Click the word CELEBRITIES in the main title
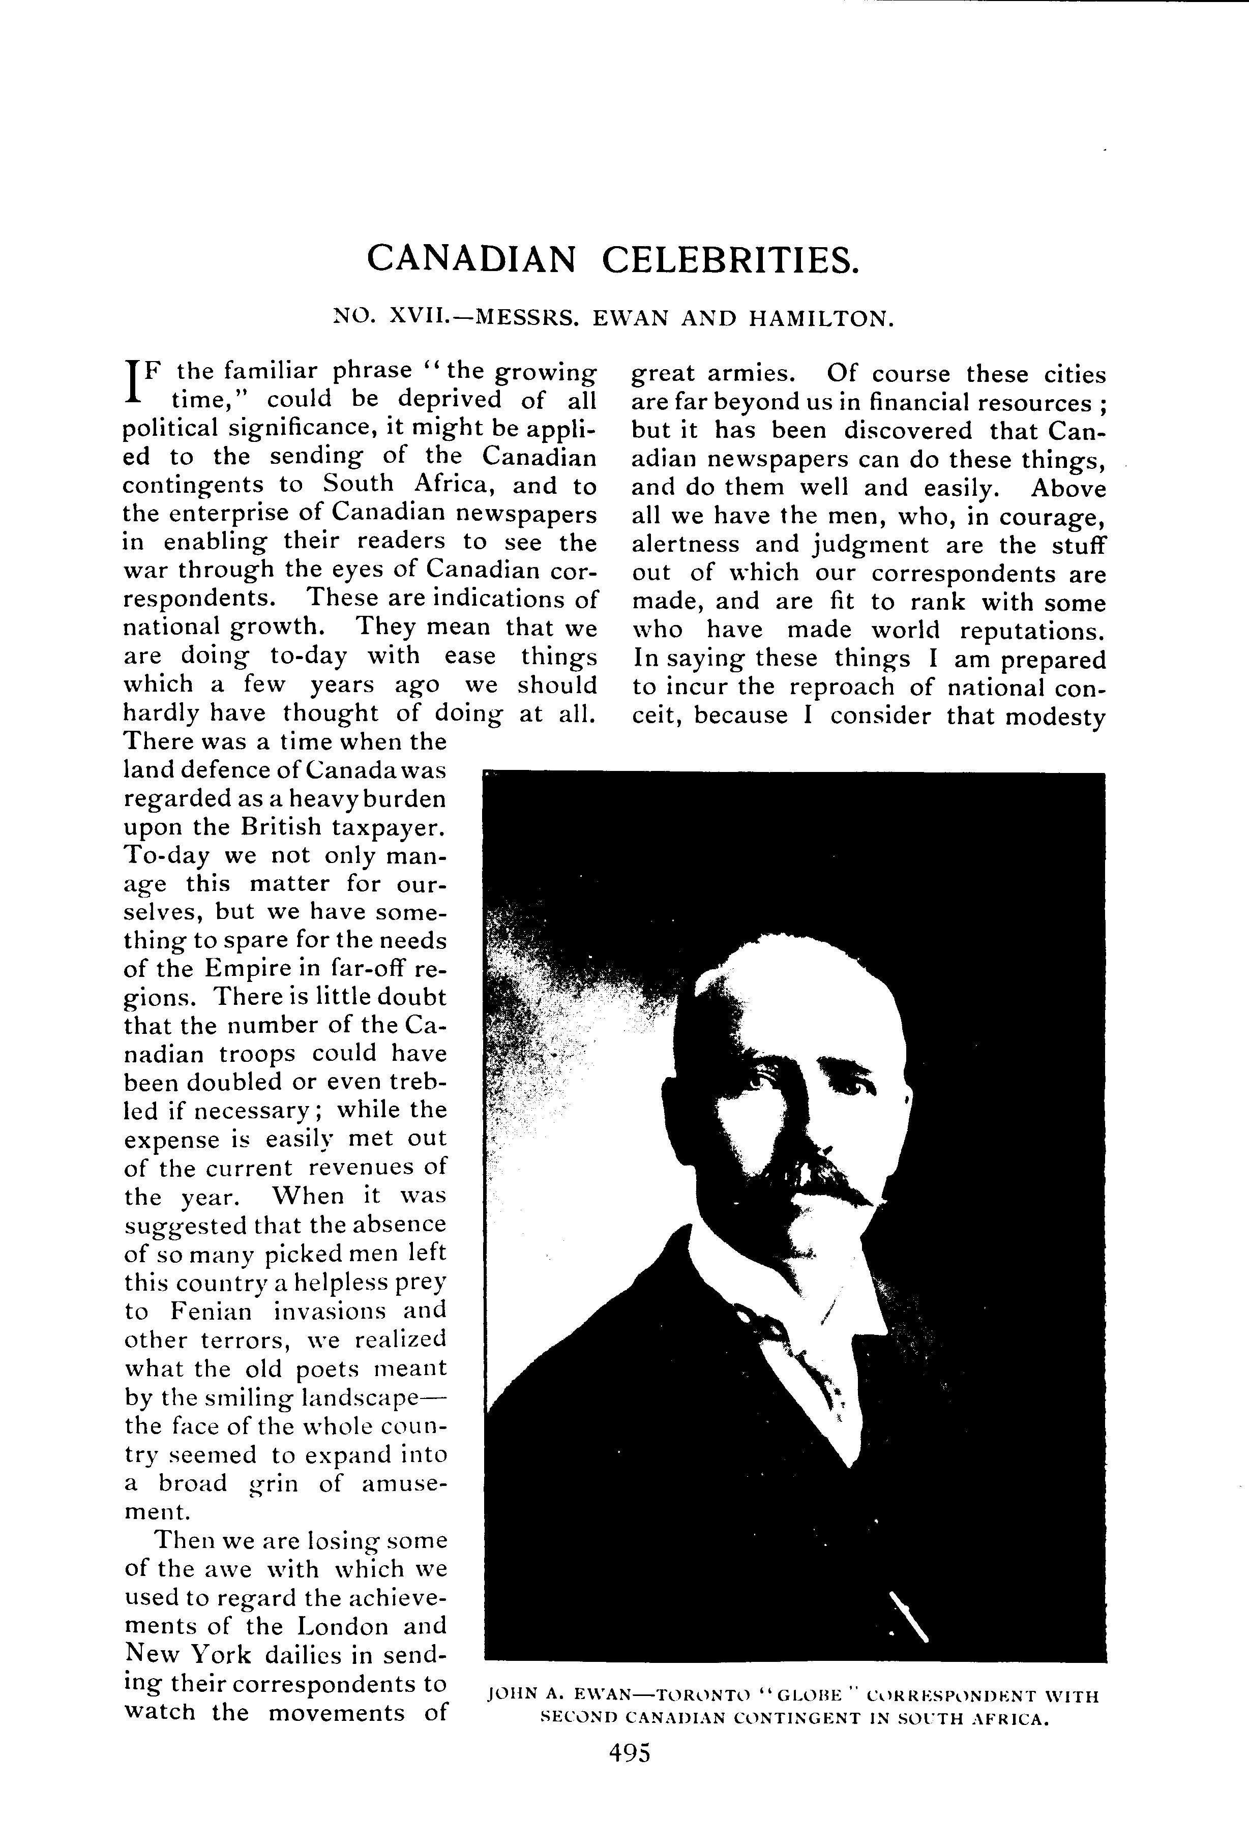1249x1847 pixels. click(730, 259)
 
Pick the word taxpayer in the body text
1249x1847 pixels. click(384, 827)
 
